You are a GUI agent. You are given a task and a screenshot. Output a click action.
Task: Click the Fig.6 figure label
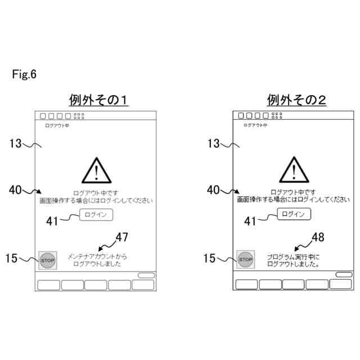click(24, 74)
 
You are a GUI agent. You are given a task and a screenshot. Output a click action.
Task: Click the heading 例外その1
click(98, 100)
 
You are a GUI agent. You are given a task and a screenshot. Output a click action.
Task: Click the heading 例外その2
click(296, 100)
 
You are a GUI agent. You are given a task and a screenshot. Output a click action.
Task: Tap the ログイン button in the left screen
click(97, 214)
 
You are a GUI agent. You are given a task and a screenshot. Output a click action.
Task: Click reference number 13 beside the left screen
click(15, 143)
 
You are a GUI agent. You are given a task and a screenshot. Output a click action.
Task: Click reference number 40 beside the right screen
click(213, 190)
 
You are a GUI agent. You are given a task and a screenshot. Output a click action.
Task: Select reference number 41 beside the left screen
click(52, 222)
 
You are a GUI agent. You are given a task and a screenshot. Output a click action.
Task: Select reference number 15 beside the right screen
click(209, 258)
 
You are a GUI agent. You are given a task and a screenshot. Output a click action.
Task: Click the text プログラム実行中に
click(292, 256)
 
